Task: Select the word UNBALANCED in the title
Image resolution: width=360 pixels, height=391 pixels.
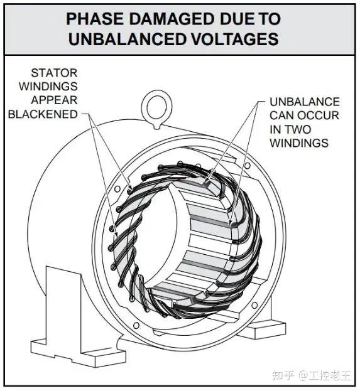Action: pos(128,39)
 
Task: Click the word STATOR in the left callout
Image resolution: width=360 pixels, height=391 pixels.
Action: pos(54,73)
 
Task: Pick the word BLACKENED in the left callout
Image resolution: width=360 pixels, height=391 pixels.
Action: pos(43,114)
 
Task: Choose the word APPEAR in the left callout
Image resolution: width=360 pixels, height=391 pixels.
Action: pos(54,100)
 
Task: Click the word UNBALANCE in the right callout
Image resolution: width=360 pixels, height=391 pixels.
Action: pos(305,102)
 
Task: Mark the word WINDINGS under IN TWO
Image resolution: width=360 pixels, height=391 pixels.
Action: pos(299,143)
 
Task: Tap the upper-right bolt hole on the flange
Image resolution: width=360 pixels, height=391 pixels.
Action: pos(247,165)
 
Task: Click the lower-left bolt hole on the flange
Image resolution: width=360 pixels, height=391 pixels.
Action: pos(136,325)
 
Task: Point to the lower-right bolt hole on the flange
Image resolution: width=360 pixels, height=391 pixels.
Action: pos(254,305)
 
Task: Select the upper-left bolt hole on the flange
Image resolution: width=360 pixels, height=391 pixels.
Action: pos(117,189)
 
